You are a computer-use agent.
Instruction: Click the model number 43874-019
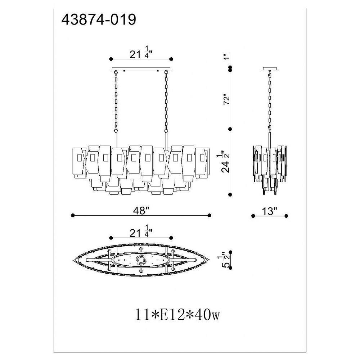tap(99, 19)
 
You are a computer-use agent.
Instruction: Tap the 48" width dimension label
tap(141, 210)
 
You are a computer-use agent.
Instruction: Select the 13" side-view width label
tap(270, 211)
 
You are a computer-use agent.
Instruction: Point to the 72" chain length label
tap(226, 99)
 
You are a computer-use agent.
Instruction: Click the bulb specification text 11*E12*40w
tap(177, 315)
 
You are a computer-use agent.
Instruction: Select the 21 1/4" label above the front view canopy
tap(141, 52)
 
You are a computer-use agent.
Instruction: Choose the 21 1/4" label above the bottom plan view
tap(141, 231)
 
